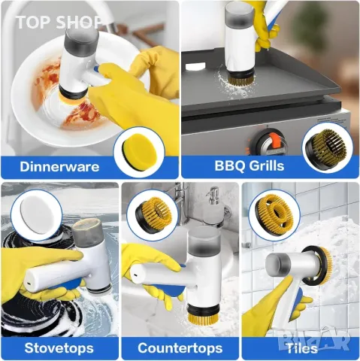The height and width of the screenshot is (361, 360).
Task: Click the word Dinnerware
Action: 59,167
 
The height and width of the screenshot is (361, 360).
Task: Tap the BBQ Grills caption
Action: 250,166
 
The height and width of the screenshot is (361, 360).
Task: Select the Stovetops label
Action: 59,348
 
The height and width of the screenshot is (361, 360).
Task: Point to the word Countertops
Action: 180,348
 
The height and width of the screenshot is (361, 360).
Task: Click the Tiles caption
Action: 302,348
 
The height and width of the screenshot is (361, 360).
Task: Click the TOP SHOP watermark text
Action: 59,22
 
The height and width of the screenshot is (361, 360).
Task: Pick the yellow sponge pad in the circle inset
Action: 139,152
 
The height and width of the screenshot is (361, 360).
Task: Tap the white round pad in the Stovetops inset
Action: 37,216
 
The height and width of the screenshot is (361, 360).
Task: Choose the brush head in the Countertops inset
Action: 153,214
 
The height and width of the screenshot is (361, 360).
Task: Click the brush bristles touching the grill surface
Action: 241,80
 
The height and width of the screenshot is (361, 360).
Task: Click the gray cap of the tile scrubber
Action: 277,265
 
